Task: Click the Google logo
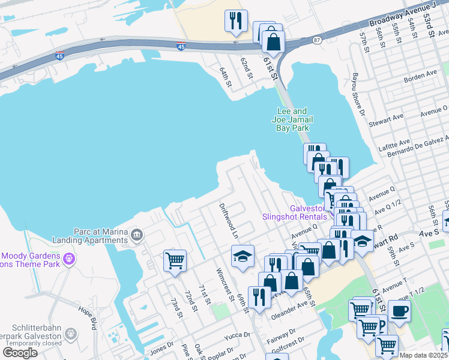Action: (x=20, y=353)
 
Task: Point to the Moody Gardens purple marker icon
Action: (x=70, y=259)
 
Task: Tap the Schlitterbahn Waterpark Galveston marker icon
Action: (x=71, y=333)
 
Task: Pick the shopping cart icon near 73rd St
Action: (x=175, y=260)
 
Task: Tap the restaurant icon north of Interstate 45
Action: (x=235, y=21)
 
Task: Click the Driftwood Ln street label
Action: (x=228, y=220)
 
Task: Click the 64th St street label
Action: (x=224, y=77)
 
